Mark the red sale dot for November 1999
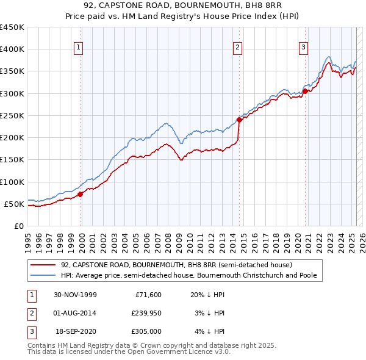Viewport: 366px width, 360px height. (81, 195)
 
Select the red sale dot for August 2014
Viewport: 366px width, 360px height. (239, 120)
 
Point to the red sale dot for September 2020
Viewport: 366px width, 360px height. (305, 92)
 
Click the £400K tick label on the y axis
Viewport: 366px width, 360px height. (12, 49)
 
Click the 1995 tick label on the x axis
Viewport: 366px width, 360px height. (27, 237)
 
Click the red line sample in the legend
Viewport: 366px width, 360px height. (43, 265)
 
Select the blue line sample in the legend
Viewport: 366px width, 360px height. (43, 276)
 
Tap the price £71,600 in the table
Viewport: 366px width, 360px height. (148, 294)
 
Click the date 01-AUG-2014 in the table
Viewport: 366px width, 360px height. (76, 313)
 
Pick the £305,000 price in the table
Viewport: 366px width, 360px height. (146, 332)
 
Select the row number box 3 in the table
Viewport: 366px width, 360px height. (31, 332)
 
